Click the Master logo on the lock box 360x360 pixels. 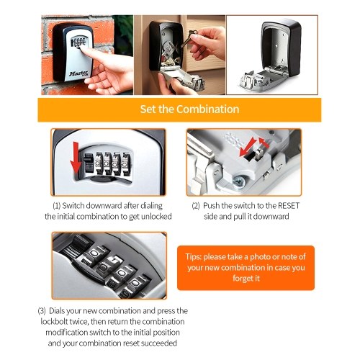(x=78, y=73)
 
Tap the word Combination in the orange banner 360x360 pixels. (x=208, y=109)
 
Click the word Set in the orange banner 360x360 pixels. (x=148, y=109)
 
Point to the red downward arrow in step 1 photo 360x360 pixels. (x=76, y=158)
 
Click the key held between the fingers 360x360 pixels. (x=189, y=39)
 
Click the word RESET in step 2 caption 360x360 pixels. (x=289, y=206)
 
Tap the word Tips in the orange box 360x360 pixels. (x=193, y=257)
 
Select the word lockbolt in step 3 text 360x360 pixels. (x=54, y=321)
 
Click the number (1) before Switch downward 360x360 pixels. (x=56, y=206)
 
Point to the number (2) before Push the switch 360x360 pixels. (x=196, y=206)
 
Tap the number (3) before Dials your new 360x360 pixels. (x=42, y=311)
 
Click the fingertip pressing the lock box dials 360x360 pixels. (x=82, y=48)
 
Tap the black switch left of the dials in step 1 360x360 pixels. (x=88, y=163)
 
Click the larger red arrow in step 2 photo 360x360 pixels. (x=248, y=147)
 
